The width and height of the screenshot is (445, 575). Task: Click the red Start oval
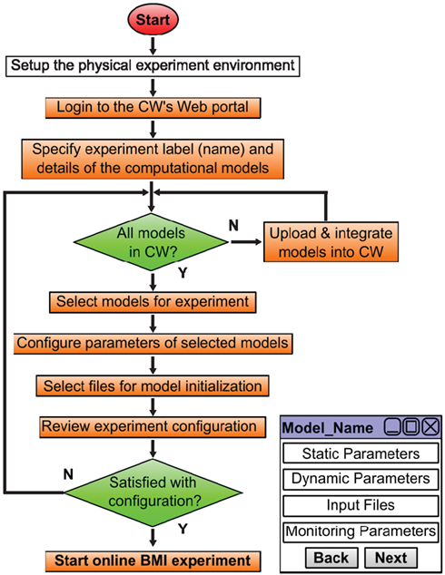[153, 20]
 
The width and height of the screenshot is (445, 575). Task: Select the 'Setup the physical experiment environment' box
[153, 66]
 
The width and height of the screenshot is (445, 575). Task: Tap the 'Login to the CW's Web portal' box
[153, 108]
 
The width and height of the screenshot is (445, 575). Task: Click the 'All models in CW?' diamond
[151, 242]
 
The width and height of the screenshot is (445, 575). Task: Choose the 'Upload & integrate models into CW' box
[331, 242]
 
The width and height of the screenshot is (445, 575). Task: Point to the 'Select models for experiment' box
[153, 302]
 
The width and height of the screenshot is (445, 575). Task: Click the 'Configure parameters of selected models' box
[153, 344]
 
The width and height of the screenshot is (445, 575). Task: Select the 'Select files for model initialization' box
[153, 385]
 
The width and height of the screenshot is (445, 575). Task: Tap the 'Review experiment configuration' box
[153, 427]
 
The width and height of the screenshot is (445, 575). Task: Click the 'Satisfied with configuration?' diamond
[153, 492]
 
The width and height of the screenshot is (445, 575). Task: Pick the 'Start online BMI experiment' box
[153, 561]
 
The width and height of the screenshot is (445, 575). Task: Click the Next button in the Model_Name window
[391, 558]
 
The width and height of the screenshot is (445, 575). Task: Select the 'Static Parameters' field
[361, 453]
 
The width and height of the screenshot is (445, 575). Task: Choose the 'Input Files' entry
[361, 505]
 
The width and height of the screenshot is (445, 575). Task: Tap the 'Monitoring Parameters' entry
[361, 531]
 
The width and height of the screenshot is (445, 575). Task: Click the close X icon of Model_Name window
[430, 427]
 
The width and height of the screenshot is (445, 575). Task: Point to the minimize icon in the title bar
[392, 427]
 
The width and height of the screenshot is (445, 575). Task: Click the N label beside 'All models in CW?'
[233, 225]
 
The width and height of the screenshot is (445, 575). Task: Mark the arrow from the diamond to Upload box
[246, 241]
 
